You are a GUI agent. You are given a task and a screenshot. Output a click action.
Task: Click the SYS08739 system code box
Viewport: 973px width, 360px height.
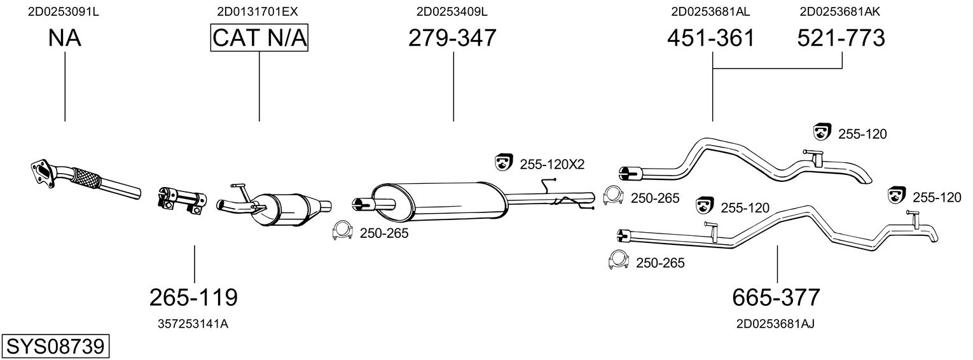[x=55, y=346]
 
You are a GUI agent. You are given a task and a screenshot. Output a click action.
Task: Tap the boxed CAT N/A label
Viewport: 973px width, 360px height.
[x=259, y=38]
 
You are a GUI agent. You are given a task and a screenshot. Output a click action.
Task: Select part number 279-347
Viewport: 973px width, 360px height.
[x=452, y=38]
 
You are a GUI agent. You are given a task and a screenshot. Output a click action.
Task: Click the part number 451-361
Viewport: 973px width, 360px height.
[x=711, y=38]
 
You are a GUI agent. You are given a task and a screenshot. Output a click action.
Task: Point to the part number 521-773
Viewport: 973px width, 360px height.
[x=841, y=38]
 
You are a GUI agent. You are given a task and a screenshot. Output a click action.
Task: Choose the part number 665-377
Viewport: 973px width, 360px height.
[x=776, y=297]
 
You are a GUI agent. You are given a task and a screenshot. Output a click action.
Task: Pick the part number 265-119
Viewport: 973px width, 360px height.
[x=194, y=297]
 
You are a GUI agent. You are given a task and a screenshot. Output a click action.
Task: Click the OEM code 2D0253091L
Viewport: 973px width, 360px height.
[x=64, y=11]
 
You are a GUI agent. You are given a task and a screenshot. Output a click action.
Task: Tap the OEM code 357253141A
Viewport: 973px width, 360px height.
[x=193, y=324]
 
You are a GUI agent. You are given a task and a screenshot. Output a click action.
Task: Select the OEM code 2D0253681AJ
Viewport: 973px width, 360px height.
[x=775, y=324]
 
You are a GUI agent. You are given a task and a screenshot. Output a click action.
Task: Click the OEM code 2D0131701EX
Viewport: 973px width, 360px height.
[x=258, y=11]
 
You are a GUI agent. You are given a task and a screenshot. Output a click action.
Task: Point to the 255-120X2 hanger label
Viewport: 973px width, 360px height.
[x=552, y=164]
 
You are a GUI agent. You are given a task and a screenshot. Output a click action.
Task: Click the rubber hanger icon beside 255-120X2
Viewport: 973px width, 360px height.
[x=504, y=162]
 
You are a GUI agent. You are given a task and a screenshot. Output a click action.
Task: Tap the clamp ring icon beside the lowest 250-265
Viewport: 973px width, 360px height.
[x=619, y=260]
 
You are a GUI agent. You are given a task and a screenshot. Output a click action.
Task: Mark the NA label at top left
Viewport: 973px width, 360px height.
[x=64, y=38]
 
